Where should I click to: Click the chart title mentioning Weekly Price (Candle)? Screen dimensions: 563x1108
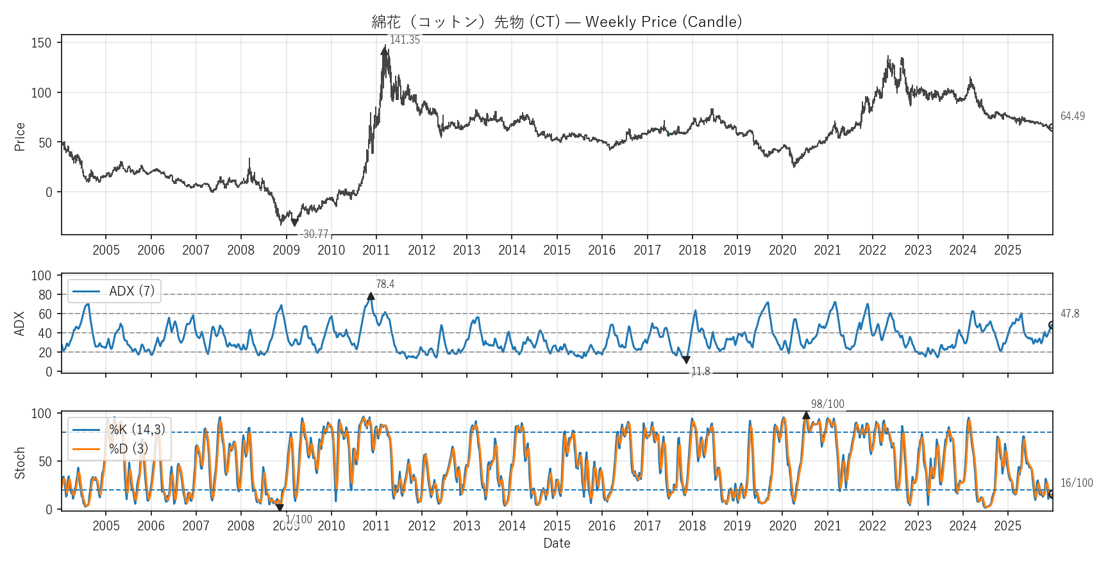point(557,22)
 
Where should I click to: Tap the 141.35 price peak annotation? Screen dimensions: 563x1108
point(405,40)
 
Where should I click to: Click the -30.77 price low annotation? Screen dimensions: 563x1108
point(314,234)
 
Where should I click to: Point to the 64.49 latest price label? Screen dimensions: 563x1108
point(1072,116)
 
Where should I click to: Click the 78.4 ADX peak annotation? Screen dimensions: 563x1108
point(385,284)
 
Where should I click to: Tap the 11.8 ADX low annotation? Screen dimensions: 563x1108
point(700,371)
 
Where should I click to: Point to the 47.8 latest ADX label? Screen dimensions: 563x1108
point(1070,314)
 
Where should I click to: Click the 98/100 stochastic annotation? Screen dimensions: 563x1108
point(827,404)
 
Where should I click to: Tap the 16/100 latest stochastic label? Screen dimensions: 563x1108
point(1076,483)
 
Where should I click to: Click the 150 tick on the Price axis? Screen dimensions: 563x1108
point(41,43)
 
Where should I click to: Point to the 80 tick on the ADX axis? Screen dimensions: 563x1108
point(45,295)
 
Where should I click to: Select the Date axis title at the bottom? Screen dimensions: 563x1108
point(557,543)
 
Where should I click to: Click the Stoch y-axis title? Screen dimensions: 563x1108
point(20,463)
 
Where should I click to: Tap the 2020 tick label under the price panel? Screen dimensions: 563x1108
point(782,250)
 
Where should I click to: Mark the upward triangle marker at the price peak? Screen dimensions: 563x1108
point(384,51)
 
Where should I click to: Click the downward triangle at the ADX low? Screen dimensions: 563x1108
point(686,360)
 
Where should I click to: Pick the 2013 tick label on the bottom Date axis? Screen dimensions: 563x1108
point(466,526)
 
